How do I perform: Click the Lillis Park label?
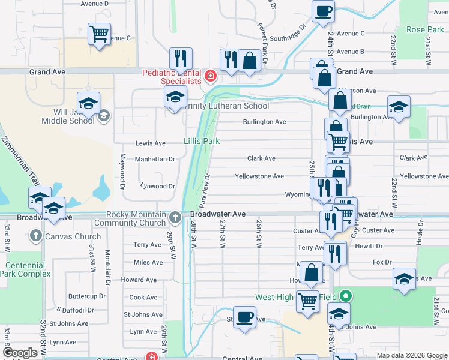(202, 141)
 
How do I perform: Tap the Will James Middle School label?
(68, 116)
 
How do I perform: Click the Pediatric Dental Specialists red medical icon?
(210, 76)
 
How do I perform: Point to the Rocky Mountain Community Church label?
(136, 218)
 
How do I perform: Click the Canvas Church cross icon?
(35, 236)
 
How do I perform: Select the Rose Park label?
(425, 29)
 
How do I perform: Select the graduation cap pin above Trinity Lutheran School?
(175, 96)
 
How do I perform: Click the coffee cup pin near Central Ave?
(244, 317)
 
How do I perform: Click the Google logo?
(20, 353)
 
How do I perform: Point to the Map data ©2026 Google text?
(412, 355)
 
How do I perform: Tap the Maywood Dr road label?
(121, 170)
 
